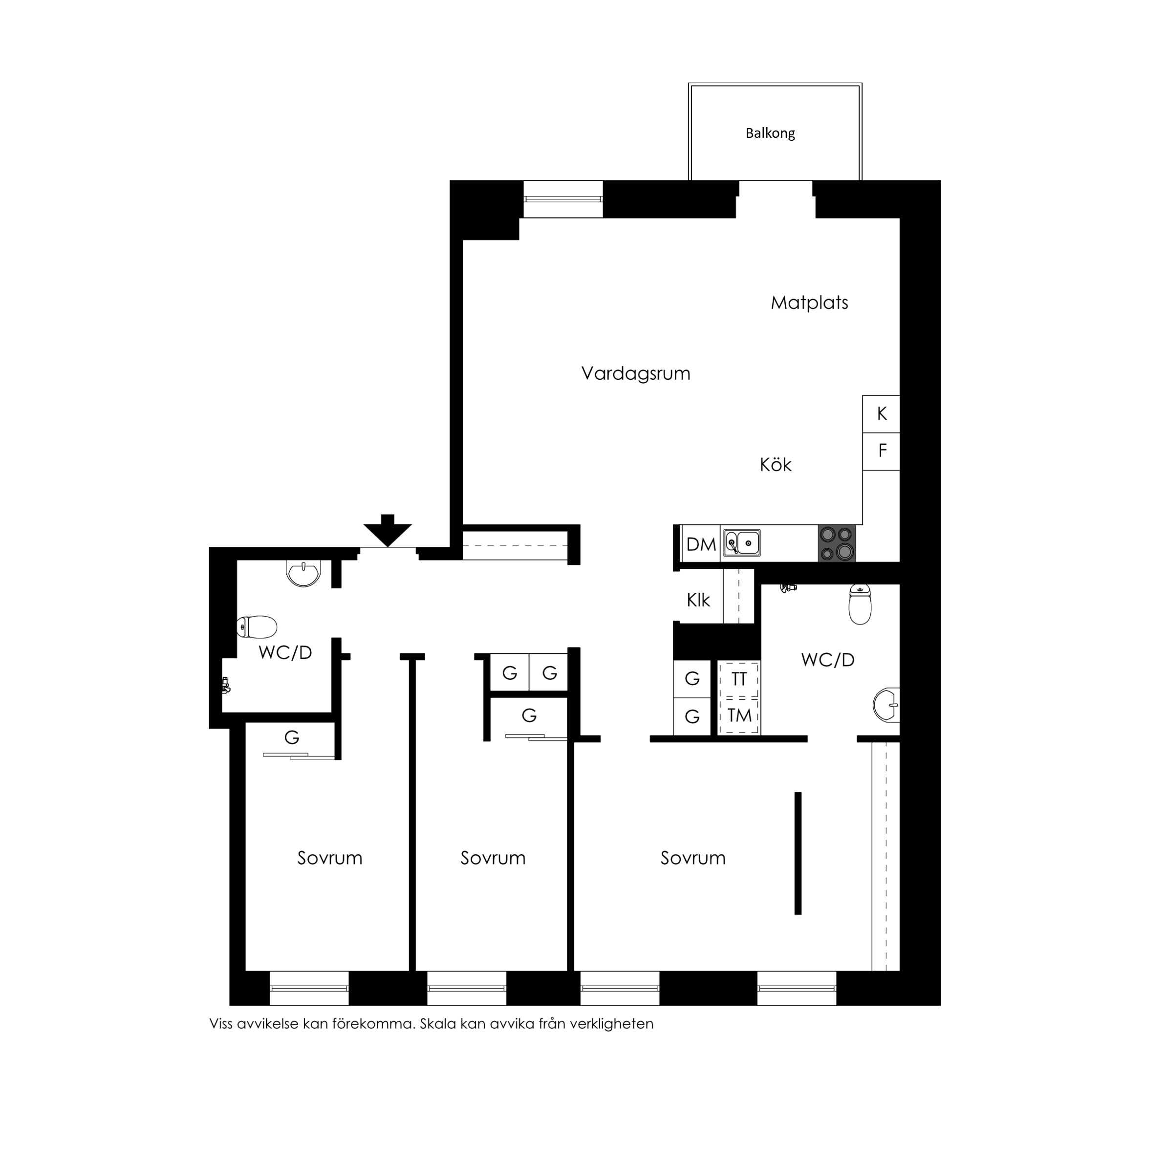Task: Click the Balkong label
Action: (770, 133)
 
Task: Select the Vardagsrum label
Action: (635, 373)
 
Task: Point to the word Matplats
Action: (809, 302)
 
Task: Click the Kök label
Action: (776, 465)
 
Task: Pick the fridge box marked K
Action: (881, 414)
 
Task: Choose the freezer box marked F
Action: (881, 452)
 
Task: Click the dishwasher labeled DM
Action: (701, 544)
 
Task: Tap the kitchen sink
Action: (742, 543)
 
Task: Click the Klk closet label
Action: (698, 601)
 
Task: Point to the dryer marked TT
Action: (739, 679)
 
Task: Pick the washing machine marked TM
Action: (739, 716)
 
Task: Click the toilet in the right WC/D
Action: (860, 604)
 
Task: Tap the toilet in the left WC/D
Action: (257, 627)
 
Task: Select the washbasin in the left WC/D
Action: (303, 573)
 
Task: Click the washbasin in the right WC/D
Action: (886, 705)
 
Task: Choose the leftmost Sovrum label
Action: (329, 858)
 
